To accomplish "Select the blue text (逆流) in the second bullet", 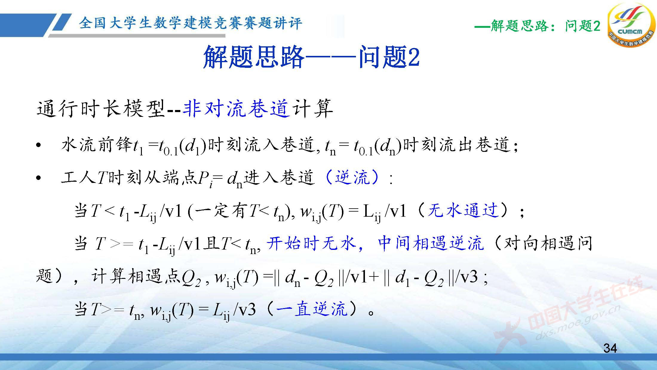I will [x=353, y=178].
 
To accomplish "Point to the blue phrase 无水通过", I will [x=463, y=210].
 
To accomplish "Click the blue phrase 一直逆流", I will [x=312, y=309].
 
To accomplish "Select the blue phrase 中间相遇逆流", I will [x=430, y=243].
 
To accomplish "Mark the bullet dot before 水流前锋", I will [x=38, y=146].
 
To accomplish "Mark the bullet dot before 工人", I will [x=38, y=178].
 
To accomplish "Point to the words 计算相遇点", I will [x=136, y=276].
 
